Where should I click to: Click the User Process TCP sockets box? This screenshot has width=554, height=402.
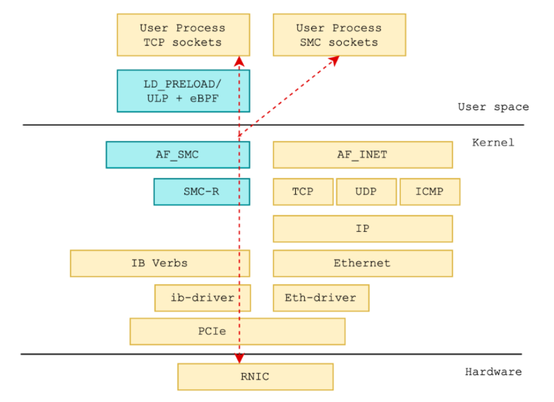tap(183, 35)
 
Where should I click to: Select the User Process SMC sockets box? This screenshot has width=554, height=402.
tap(339, 35)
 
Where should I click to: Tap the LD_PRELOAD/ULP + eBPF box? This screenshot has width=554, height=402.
tap(183, 91)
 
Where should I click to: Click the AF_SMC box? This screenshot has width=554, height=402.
tap(178, 154)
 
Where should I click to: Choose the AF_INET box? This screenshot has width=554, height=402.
tap(363, 154)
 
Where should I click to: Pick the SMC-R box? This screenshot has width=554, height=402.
tap(202, 192)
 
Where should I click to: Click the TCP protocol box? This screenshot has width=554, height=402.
tap(303, 192)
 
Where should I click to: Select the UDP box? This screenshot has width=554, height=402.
tap(367, 192)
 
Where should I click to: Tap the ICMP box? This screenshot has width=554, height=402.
tap(430, 192)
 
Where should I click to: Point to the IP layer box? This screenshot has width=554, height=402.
tap(363, 229)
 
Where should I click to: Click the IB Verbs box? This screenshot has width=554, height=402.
tap(160, 263)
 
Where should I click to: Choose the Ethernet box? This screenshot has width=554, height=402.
tap(363, 263)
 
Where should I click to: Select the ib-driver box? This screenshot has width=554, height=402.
tap(203, 298)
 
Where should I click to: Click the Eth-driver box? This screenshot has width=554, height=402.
tap(321, 298)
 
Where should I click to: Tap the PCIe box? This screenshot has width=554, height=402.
tap(238, 332)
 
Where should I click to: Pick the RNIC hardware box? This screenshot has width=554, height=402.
tap(255, 377)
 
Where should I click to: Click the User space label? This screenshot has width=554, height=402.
tap(493, 107)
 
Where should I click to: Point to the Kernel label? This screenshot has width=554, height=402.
tap(493, 143)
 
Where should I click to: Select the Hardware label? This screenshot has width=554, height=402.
tap(493, 371)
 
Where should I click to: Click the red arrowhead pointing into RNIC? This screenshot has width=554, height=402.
tap(239, 359)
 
